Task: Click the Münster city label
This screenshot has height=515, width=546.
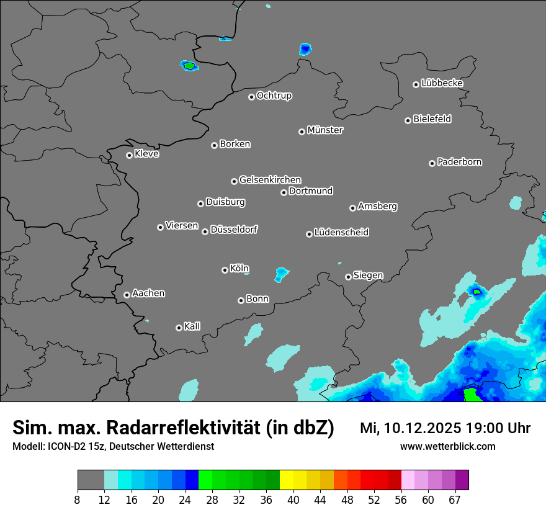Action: coord(325,130)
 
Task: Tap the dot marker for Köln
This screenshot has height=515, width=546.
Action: coord(225,270)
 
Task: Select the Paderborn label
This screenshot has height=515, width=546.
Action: coord(459,162)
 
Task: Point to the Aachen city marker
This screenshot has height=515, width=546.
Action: coord(127,295)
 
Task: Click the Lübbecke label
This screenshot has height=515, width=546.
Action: coord(442,83)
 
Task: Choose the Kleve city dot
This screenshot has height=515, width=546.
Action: coord(129,155)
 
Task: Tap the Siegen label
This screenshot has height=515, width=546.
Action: coord(368,275)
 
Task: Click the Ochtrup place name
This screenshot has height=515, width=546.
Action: coord(274,96)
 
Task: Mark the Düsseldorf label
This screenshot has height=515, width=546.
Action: coord(234,230)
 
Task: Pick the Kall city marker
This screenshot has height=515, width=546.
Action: coord(179,328)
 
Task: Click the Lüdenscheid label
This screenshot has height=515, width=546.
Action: coord(341,233)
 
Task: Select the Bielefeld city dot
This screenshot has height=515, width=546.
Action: coord(408,120)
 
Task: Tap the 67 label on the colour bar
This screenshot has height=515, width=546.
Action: coord(455,499)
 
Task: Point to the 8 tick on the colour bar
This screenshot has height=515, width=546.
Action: coord(78,499)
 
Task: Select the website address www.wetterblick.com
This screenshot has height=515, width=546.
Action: coord(448,446)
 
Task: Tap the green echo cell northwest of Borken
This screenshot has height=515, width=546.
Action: coord(189,65)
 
